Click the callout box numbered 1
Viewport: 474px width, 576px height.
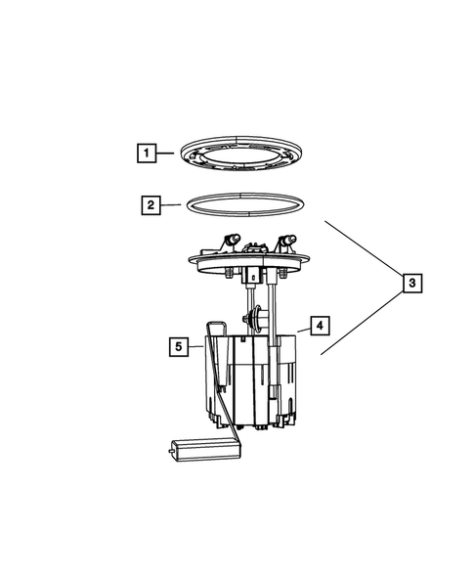click(x=145, y=153)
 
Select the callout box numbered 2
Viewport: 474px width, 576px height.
click(x=150, y=205)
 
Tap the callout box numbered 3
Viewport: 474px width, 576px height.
click(x=412, y=283)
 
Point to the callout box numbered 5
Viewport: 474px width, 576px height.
click(x=177, y=345)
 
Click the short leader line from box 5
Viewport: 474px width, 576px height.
click(x=195, y=345)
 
